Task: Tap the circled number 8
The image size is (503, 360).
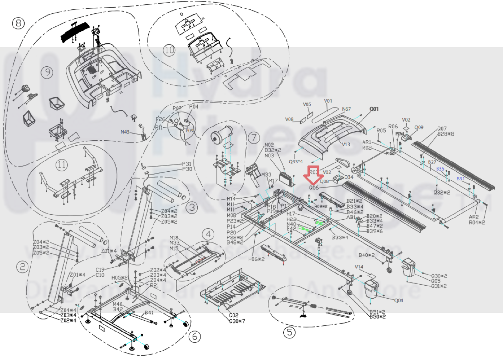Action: [18, 23]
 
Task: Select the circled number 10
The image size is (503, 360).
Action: [169, 50]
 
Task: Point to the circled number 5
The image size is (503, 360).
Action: [289, 332]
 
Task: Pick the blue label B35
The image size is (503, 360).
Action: [440, 169]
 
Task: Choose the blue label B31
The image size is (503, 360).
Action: [461, 179]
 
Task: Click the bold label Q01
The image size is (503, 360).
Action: [374, 109]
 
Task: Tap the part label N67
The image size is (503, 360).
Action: [346, 109]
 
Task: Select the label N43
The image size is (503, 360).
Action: [125, 132]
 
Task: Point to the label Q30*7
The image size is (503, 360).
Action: [237, 321]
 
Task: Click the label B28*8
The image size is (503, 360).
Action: [446, 134]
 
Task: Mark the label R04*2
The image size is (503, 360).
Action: [477, 222]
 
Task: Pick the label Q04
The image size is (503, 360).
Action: [399, 300]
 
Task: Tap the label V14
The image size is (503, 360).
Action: [359, 267]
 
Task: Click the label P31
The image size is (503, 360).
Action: [187, 164]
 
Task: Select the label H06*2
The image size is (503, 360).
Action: [256, 259]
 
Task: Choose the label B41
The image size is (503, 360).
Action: [149, 313]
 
